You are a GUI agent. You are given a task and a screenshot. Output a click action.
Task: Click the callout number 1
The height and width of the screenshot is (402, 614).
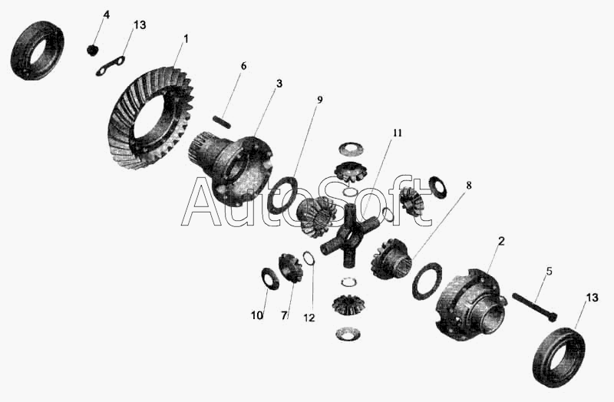pyautogui.click(x=186, y=39)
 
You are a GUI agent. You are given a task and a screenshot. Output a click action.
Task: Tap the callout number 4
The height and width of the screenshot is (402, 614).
pyautogui.click(x=106, y=15)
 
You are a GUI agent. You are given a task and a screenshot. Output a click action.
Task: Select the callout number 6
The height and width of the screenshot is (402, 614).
pyautogui.click(x=243, y=66)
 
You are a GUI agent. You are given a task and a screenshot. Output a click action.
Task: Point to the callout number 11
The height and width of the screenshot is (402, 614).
pyautogui.click(x=397, y=133)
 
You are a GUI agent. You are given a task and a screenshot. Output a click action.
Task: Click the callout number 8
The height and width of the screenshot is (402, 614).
pyautogui.click(x=468, y=185)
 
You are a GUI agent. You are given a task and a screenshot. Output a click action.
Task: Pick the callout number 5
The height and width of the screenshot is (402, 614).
pyautogui.click(x=549, y=271)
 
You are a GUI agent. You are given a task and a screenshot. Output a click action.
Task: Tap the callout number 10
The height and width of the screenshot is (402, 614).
pyautogui.click(x=257, y=315)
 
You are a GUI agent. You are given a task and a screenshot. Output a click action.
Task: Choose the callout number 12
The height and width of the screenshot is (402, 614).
pyautogui.click(x=309, y=318)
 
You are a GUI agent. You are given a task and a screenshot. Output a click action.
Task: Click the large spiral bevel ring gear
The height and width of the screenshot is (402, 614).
pyautogui.click(x=150, y=117)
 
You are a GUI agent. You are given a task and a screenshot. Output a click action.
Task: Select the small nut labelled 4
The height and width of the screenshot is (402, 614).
pyautogui.click(x=91, y=50)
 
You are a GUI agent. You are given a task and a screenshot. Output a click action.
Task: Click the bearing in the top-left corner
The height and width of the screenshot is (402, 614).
pyautogui.click(x=37, y=51)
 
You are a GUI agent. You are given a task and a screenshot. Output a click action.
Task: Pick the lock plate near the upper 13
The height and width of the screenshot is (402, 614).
pyautogui.click(x=111, y=66)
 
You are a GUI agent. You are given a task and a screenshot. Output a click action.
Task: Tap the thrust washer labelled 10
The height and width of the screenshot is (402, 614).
pyautogui.click(x=270, y=278)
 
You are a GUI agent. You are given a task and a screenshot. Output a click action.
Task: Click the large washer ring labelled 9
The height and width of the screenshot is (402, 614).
pyautogui.click(x=283, y=195)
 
